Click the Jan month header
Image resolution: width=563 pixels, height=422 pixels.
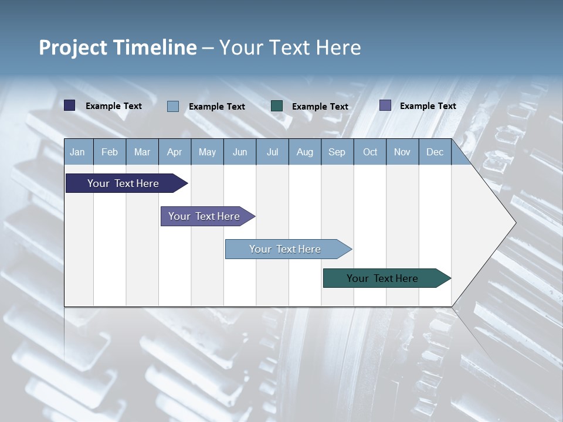pos(78,152)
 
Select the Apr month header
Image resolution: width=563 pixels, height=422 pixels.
pos(175,152)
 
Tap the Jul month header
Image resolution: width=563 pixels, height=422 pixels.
pos(272,152)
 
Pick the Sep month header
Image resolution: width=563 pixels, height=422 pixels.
pos(337,152)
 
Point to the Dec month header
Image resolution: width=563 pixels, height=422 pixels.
pos(435,152)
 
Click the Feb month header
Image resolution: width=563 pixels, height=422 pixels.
pos(110,152)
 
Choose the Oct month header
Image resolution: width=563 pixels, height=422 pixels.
pos(370,152)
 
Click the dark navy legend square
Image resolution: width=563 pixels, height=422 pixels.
pos(70,105)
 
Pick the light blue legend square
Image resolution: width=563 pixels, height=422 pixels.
pos(173,106)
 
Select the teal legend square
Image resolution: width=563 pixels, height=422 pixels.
pos(277,106)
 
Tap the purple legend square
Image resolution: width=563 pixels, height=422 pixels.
pos(385,105)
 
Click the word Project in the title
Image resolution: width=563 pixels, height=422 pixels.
pos(73,47)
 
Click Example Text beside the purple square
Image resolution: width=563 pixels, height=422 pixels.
pos(428,106)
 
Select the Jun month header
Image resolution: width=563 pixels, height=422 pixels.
pos(240,152)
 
